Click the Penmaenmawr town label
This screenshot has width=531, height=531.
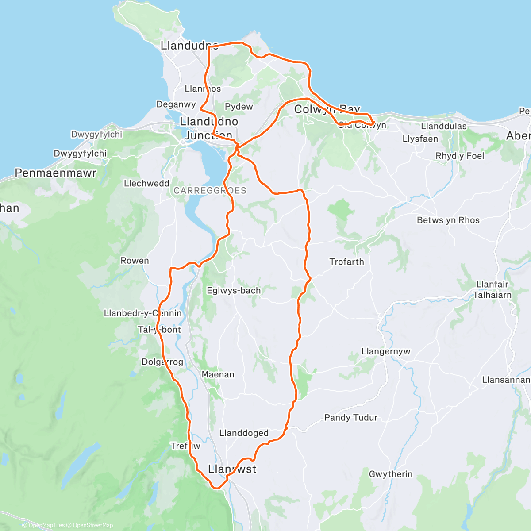[x=55, y=173]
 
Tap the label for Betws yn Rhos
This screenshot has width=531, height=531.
[x=448, y=220]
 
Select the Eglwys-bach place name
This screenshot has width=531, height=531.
[x=234, y=291]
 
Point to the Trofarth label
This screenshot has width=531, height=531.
[x=346, y=262]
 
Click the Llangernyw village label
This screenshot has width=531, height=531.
[x=386, y=351]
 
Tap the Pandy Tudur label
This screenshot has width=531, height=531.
[x=351, y=417]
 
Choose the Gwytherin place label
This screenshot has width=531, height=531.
[x=391, y=474]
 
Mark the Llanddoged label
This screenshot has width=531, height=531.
[x=244, y=433]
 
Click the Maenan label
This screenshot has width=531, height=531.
[x=218, y=374]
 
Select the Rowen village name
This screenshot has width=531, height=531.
[x=135, y=261]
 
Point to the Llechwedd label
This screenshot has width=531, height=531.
[x=146, y=183]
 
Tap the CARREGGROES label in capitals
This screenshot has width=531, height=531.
[x=210, y=191]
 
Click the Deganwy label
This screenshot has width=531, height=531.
[x=176, y=104]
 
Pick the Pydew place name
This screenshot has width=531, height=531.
[x=239, y=107]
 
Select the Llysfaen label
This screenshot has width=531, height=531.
[x=420, y=139]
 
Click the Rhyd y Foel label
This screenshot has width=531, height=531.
[x=460, y=156]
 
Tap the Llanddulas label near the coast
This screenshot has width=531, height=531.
[x=443, y=126]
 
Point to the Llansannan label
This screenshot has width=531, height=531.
[x=506, y=380]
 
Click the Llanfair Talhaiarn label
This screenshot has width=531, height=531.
[x=492, y=289]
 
